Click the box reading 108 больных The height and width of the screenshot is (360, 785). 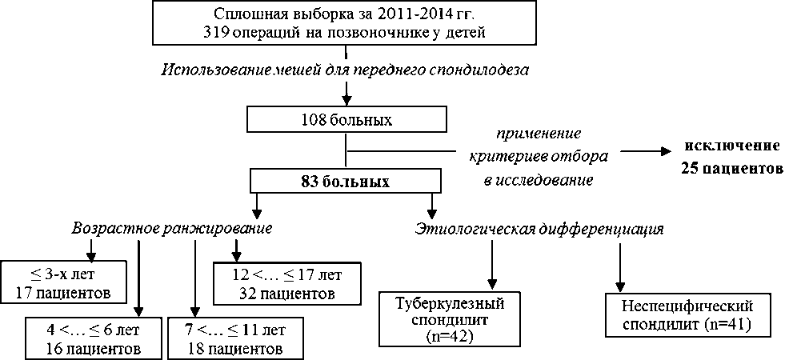coord(345,120)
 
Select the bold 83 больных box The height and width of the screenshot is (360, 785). coord(345,181)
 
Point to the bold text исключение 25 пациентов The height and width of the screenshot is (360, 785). coord(731,158)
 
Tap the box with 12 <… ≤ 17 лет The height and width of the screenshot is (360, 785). coord(285,283)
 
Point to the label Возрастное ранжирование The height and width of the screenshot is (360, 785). coord(171,228)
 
